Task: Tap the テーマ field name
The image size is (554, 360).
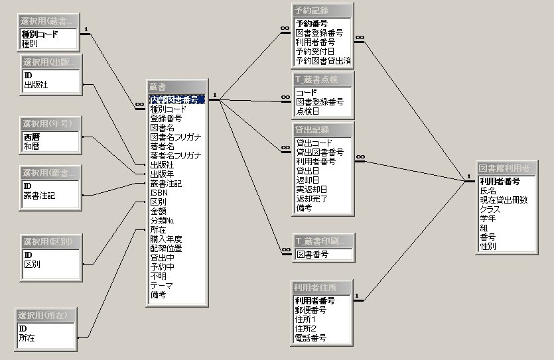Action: pyautogui.click(x=162, y=286)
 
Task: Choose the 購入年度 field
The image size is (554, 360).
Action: pyautogui.click(x=166, y=239)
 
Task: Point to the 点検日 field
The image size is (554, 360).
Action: pyautogui.click(x=308, y=111)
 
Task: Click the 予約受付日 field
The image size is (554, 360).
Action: pyautogui.click(x=314, y=51)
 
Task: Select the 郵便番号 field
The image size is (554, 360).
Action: pyautogui.click(x=311, y=310)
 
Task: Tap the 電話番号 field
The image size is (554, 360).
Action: pyautogui.click(x=311, y=337)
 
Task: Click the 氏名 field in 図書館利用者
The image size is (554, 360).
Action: pyautogui.click(x=488, y=190)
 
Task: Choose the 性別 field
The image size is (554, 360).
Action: pyautogui.click(x=488, y=246)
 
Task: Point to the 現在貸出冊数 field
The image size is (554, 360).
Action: pyautogui.click(x=504, y=200)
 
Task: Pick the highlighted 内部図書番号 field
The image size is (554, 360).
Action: pyautogui.click(x=174, y=99)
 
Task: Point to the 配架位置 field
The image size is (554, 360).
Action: pyautogui.click(x=166, y=249)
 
